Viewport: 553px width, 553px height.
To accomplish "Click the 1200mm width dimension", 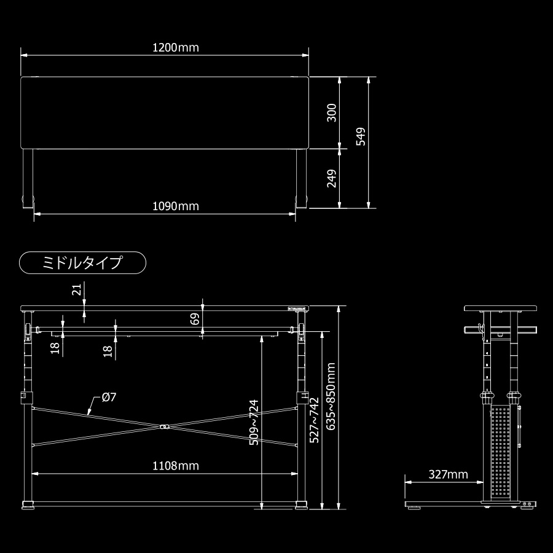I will (176, 47).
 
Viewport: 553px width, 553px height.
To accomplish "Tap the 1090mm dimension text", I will (176, 206).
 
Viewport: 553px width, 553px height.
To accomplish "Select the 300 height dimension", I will (332, 113).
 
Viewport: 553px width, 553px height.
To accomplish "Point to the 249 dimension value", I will (332, 179).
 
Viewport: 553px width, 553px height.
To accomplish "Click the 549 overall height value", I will (361, 136).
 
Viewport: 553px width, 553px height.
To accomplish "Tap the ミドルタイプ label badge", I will (83, 263).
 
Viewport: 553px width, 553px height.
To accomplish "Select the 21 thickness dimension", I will (76, 289).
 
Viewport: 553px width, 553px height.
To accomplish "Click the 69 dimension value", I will (195, 318).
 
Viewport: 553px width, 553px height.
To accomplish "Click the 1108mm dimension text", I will (176, 466).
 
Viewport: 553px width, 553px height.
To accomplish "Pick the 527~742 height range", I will (314, 421).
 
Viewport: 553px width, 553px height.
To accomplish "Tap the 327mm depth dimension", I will (448, 474).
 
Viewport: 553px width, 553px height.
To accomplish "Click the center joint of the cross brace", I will (164, 426).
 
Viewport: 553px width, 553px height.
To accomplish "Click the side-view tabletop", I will (501, 308).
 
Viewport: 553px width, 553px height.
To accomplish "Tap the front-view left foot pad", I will (28, 506).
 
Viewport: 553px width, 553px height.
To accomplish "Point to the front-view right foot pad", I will (301, 506).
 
